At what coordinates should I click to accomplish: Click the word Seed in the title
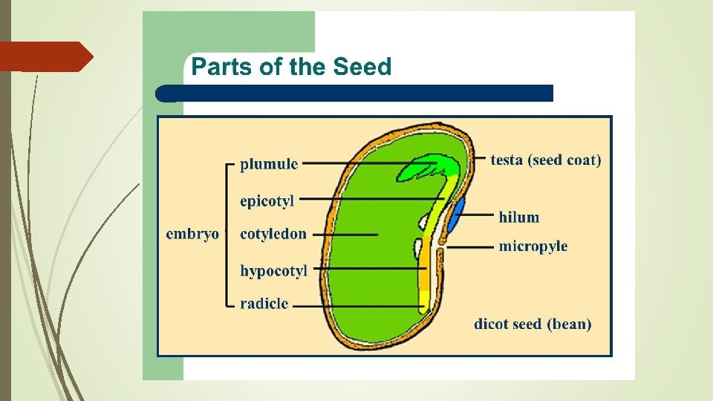click(362, 67)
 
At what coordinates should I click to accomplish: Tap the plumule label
click(269, 164)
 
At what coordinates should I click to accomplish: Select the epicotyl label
click(267, 200)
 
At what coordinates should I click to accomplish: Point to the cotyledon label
click(273, 234)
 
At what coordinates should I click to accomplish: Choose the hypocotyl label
click(273, 271)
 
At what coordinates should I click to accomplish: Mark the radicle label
click(264, 304)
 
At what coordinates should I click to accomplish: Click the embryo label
click(192, 234)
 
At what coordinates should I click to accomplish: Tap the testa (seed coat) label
click(546, 159)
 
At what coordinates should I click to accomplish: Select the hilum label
click(519, 217)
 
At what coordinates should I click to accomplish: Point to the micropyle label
click(533, 246)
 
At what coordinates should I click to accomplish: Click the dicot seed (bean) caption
click(533, 324)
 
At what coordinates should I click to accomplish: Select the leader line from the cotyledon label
click(345, 235)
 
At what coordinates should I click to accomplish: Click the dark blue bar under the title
click(356, 93)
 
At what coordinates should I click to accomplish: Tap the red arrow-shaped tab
click(45, 56)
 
